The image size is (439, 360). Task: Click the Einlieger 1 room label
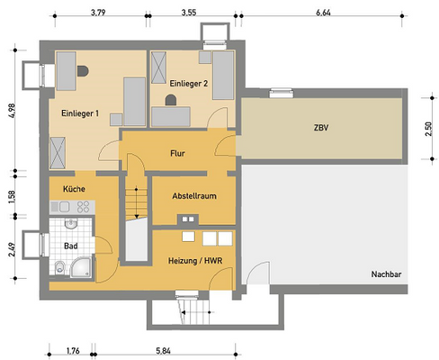pyautogui.click(x=80, y=113)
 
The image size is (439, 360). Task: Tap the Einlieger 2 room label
pyautogui.click(x=189, y=84)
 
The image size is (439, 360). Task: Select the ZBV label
pyautogui.click(x=321, y=128)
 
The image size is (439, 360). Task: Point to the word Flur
pyautogui.click(x=177, y=154)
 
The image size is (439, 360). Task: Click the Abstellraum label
pyautogui.click(x=194, y=196)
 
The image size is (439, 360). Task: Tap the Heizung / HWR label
pyautogui.click(x=195, y=261)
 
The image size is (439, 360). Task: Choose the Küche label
pyautogui.click(x=74, y=189)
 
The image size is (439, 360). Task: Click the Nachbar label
pyautogui.click(x=386, y=274)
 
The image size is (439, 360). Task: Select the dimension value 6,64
pyautogui.click(x=323, y=13)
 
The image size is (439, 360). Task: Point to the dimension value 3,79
pyautogui.click(x=98, y=13)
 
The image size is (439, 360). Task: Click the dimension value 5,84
pyautogui.click(x=163, y=351)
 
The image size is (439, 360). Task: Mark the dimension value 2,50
pyautogui.click(x=429, y=129)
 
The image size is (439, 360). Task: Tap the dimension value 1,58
pyautogui.click(x=12, y=197)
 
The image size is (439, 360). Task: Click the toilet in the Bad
pyautogui.click(x=60, y=267)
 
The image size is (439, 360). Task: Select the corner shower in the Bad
pyautogui.click(x=81, y=267)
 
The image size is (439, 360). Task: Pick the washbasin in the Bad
pyautogui.click(x=71, y=223)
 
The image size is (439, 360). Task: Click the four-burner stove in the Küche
pyautogui.click(x=83, y=207)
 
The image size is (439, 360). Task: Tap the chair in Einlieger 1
pyautogui.click(x=83, y=71)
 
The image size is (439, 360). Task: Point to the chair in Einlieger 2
pyautogui.click(x=171, y=100)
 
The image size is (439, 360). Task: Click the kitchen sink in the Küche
pyautogui.click(x=65, y=207)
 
